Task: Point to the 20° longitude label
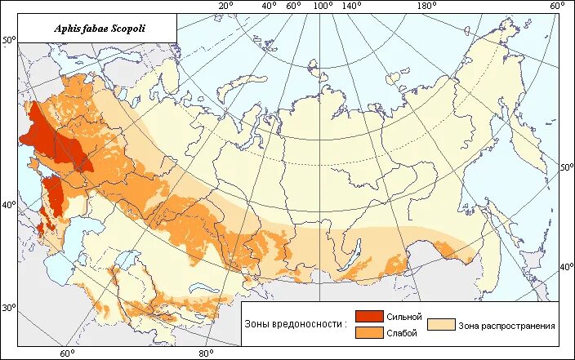(225, 7)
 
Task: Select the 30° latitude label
(8, 309)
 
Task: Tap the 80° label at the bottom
(206, 353)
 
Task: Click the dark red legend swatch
(369, 317)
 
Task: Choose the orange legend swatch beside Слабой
(369, 332)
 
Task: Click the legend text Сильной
(404, 317)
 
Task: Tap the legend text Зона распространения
(506, 325)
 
